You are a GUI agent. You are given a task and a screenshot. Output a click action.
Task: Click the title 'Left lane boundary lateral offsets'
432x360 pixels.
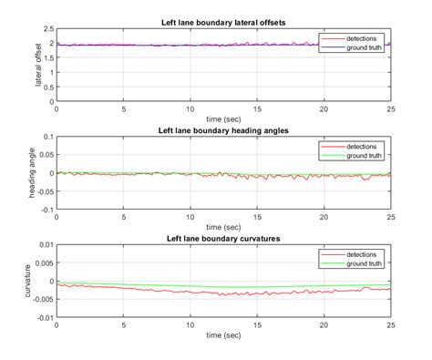click(223, 22)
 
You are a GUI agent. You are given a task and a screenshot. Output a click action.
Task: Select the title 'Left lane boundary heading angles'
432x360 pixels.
click(223, 130)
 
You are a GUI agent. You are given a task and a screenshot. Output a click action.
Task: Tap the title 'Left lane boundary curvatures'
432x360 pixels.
click(223, 239)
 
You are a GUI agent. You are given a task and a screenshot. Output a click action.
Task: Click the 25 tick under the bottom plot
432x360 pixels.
click(390, 326)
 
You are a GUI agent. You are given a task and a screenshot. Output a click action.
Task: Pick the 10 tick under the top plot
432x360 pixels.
click(190, 108)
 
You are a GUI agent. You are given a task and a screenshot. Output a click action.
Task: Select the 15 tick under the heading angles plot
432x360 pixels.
click(257, 218)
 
